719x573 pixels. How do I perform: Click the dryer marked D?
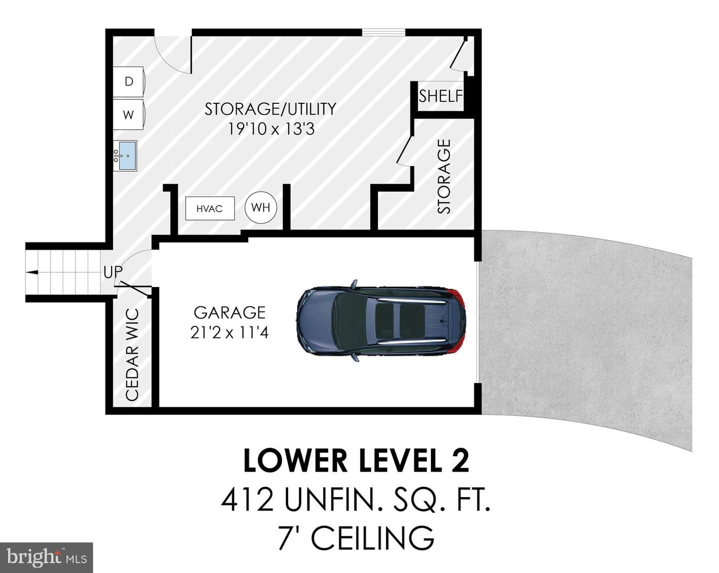[129, 81]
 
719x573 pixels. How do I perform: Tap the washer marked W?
[129, 115]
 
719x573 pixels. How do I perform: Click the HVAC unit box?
[210, 209]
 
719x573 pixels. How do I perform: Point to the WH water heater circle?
[261, 208]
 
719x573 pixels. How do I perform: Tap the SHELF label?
[441, 96]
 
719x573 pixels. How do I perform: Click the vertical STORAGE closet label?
[444, 176]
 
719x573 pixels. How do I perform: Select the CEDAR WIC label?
[132, 355]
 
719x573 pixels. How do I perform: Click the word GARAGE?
[230, 313]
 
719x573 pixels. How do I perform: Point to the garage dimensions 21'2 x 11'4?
[230, 333]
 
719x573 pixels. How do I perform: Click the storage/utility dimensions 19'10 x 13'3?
[271, 129]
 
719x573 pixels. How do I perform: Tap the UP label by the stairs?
[113, 273]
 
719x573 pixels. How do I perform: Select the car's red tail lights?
[458, 321]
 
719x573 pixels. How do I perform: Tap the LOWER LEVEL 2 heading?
[356, 461]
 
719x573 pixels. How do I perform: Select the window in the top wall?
[383, 32]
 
